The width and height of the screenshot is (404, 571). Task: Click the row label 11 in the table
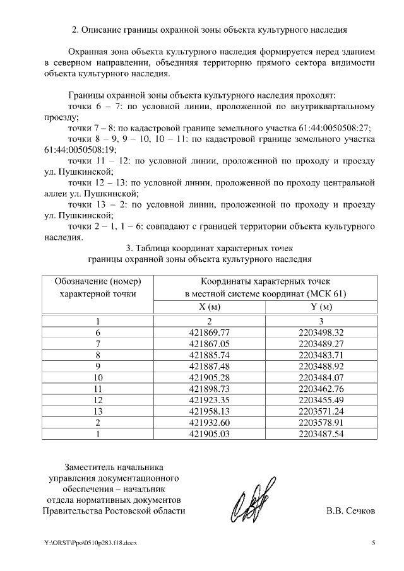98,389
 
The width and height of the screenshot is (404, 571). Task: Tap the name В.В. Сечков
350,511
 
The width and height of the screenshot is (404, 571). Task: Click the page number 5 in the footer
373,543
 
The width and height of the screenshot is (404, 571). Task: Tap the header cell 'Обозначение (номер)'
97,281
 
